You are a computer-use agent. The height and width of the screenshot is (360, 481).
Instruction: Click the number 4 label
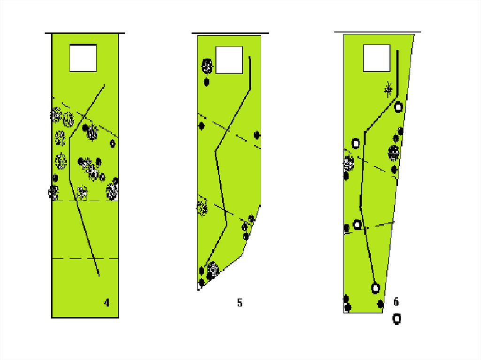[107, 303]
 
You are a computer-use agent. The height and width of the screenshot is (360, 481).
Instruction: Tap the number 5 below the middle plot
[240, 303]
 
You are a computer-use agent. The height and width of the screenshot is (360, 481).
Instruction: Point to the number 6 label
[396, 302]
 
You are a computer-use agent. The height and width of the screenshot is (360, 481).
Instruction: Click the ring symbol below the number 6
[396, 319]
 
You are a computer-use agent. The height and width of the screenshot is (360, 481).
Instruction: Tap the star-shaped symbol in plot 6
[388, 90]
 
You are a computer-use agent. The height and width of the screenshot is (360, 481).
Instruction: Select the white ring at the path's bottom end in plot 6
[375, 288]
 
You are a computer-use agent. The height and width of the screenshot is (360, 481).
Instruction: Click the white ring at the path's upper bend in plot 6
[398, 107]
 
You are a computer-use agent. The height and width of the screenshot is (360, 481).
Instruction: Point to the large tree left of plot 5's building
[207, 66]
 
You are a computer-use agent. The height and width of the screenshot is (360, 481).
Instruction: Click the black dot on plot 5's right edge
[257, 135]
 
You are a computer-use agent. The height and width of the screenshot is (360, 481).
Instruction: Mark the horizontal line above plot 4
[85, 33]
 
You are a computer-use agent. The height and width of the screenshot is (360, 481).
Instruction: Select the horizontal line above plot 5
[230, 33]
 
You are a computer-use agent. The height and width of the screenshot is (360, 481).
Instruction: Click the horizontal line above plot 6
[378, 31]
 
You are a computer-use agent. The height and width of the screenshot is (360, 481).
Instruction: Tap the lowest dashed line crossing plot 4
[85, 259]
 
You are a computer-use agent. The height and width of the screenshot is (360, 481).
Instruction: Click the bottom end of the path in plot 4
[99, 276]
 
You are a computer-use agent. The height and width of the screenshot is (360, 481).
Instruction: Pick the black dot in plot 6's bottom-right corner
[380, 304]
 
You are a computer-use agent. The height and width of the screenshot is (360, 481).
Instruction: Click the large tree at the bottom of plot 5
[213, 269]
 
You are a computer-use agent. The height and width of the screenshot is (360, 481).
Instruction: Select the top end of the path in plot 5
[250, 57]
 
